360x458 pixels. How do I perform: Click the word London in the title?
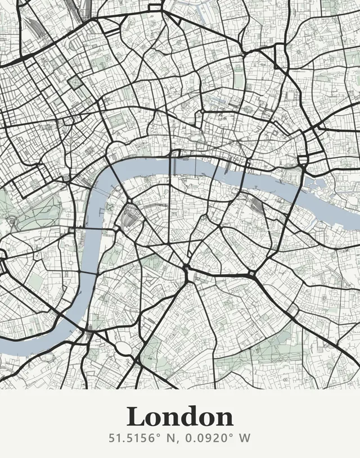(x=180, y=417)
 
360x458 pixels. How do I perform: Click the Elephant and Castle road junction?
(x=187, y=267)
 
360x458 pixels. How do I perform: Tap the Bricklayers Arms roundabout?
(x=252, y=276)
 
